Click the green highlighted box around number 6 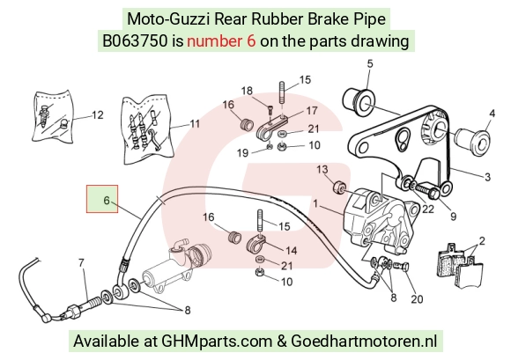pos(102,199)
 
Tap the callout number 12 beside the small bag pos(98,115)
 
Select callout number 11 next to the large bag pos(195,124)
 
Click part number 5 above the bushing pos(369,63)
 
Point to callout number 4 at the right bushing pos(492,114)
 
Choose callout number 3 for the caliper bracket pos(487,177)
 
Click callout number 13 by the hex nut pos(322,170)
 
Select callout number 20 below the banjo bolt pos(417,299)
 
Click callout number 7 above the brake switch pos(81,262)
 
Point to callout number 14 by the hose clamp pos(291,251)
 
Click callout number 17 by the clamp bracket pos(312,111)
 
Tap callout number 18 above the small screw pos(247,91)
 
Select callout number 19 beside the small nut pos(242,152)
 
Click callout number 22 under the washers pos(428,209)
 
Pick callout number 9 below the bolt pos(453,217)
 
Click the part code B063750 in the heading pos(135,41)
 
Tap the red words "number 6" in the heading pos(221,41)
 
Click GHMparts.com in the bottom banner pos(217,342)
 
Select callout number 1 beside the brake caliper pos(315,204)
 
